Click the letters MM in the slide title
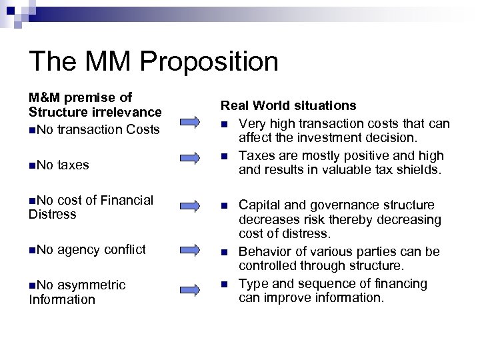click(99, 62)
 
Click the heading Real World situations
click(288, 106)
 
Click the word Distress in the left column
click(53, 214)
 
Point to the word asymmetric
click(91, 285)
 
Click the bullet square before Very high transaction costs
click(225, 124)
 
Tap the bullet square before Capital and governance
click(225, 205)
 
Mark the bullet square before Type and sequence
click(225, 284)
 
